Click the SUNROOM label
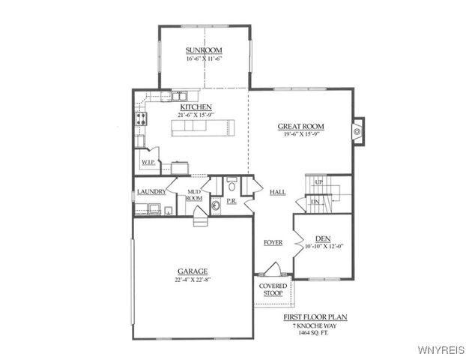(x=204, y=50)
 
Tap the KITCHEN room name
(x=195, y=107)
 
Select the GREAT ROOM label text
(x=300, y=127)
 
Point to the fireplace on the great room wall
(x=357, y=130)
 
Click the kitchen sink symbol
(x=182, y=96)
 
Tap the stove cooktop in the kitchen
(x=140, y=118)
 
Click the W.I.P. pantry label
(x=148, y=162)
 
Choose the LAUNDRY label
(x=151, y=192)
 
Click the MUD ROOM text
(x=194, y=195)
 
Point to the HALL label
(x=277, y=193)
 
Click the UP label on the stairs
(x=319, y=182)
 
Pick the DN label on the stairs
(x=315, y=202)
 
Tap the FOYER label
(x=273, y=242)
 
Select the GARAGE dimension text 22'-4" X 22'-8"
(x=193, y=279)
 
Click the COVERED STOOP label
(x=273, y=289)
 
